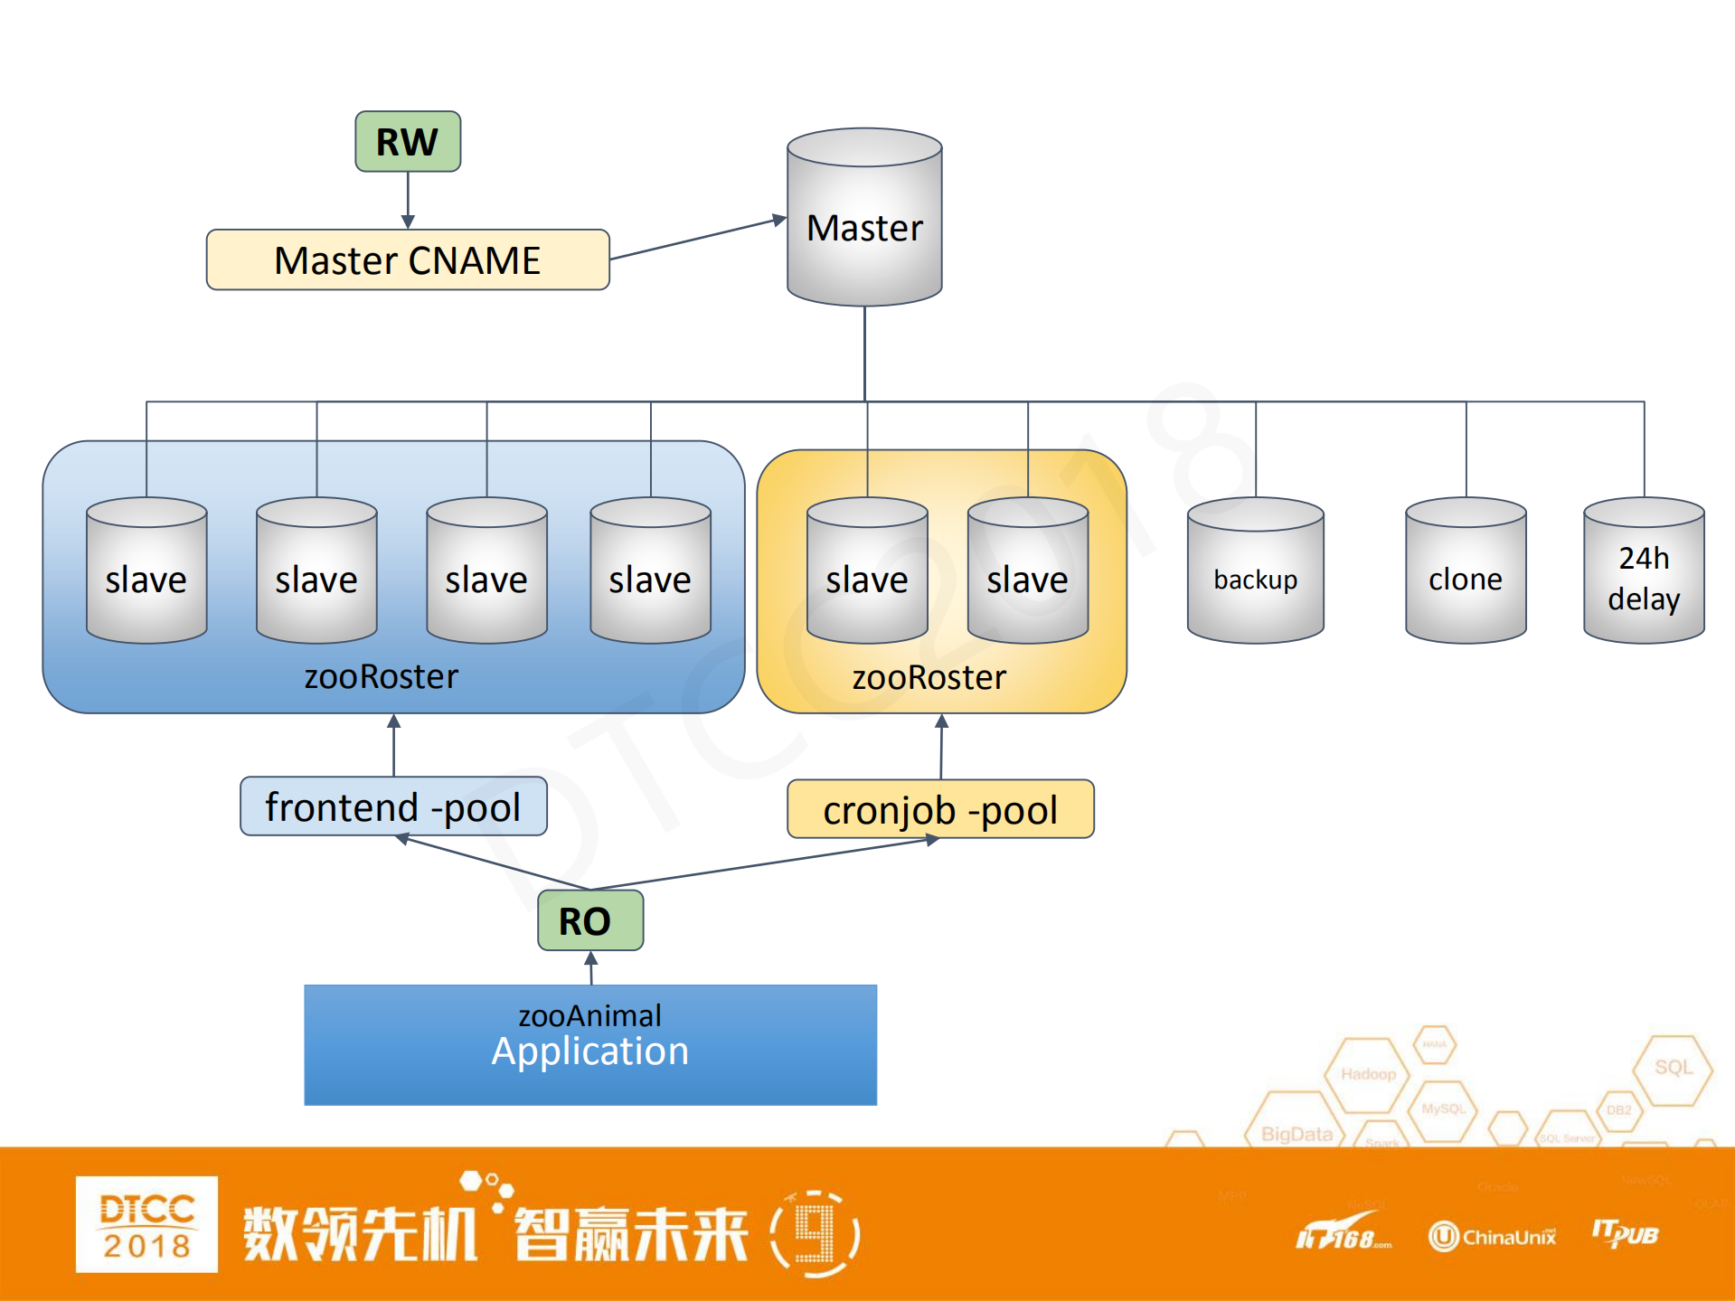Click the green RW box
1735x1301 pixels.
tap(408, 142)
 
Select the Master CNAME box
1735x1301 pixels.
tap(408, 260)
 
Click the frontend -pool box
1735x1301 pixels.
tap(393, 806)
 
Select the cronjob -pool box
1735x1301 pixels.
tap(940, 810)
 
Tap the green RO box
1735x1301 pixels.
tap(589, 920)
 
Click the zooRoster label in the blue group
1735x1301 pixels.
tap(381, 676)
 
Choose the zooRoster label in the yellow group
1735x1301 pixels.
tap(929, 677)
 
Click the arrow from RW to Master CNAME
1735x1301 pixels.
tap(408, 200)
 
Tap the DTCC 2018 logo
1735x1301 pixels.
tap(146, 1224)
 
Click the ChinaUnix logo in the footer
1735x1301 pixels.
tap(1493, 1236)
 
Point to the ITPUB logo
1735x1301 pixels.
tap(1625, 1233)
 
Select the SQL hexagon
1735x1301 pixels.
tap(1673, 1068)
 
